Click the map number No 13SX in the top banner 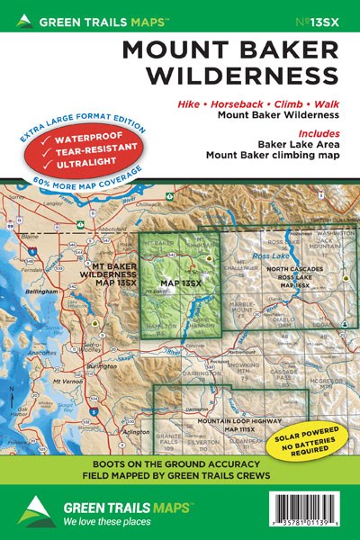[x=325, y=19]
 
